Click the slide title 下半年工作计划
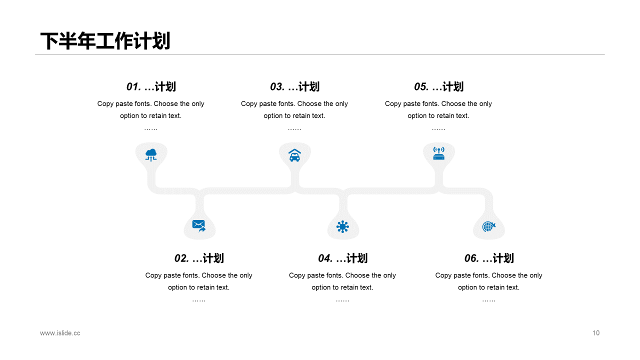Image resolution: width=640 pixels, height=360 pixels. click(x=105, y=41)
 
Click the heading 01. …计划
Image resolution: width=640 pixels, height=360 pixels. click(x=151, y=86)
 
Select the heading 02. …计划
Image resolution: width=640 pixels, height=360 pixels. click(x=199, y=258)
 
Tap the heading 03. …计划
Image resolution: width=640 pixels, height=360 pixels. click(x=294, y=86)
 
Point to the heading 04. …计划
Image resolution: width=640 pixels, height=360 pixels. click(x=342, y=258)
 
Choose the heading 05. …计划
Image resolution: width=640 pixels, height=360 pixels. click(x=438, y=86)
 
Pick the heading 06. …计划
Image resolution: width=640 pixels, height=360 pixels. click(x=489, y=258)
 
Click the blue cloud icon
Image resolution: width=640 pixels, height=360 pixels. click(x=151, y=154)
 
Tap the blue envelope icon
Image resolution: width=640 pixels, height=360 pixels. click(x=199, y=226)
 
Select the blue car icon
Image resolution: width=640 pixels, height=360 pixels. click(x=295, y=155)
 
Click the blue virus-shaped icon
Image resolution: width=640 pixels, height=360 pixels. click(x=342, y=227)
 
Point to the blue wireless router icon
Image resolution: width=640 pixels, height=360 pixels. click(x=439, y=153)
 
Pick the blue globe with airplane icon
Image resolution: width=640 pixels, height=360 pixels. click(x=489, y=226)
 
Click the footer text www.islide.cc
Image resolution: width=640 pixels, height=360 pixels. click(x=60, y=333)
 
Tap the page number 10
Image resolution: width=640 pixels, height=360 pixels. click(x=596, y=333)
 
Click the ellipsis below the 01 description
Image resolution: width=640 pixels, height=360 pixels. click(x=151, y=128)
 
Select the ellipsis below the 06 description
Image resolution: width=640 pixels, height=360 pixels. click(x=489, y=300)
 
